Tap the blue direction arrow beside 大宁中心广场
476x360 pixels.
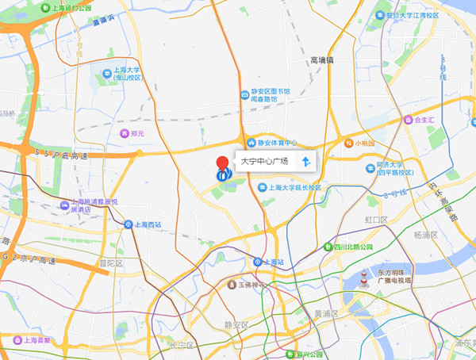[305, 162]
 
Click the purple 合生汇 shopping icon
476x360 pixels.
[407, 121]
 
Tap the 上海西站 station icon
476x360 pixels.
[129, 224]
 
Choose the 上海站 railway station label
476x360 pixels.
[274, 262]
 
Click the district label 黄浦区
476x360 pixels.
[326, 313]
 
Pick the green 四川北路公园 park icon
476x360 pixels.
[328, 247]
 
